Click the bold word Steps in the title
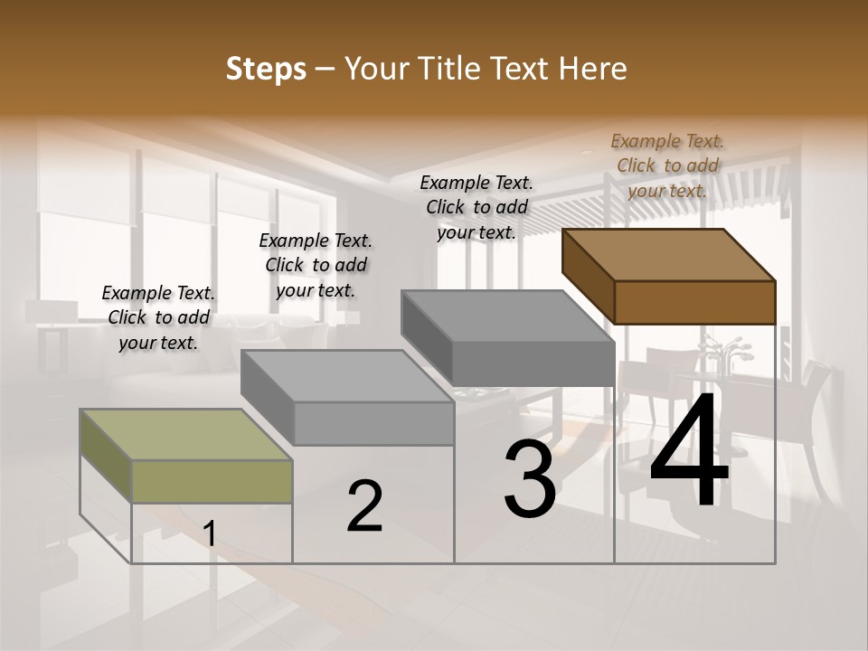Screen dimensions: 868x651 pyautogui.click(x=266, y=69)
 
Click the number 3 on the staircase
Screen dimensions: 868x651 pyautogui.click(x=529, y=480)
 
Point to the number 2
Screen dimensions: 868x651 pyautogui.click(x=364, y=506)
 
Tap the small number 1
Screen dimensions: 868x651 pyautogui.click(x=209, y=534)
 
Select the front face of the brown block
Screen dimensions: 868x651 pyautogui.click(x=694, y=302)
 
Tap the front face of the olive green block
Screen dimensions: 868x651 pyautogui.click(x=212, y=481)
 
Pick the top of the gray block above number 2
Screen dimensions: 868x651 pyautogui.click(x=347, y=376)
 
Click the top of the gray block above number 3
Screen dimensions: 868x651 pyautogui.click(x=508, y=316)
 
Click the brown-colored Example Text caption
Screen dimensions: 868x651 pyautogui.click(x=667, y=165)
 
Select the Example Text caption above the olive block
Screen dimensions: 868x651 pyautogui.click(x=158, y=317)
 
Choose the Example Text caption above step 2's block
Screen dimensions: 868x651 pyautogui.click(x=316, y=265)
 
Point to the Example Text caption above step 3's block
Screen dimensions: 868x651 pyautogui.click(x=476, y=207)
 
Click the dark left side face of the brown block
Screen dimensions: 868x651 pyautogui.click(x=588, y=276)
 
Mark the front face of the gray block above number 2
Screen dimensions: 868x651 pyautogui.click(x=373, y=423)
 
